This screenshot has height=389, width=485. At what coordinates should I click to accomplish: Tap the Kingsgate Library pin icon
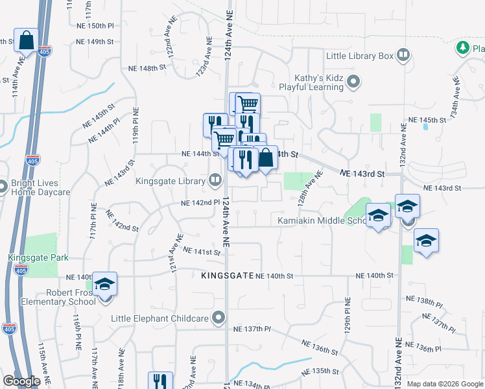[x=215, y=180]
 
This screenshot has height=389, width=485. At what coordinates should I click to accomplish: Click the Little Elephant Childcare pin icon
[x=219, y=318]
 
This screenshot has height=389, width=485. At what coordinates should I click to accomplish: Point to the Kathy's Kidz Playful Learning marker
[x=353, y=82]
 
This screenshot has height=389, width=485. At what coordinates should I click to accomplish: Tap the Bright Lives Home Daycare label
[x=40, y=188]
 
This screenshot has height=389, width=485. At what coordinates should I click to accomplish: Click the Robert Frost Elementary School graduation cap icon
[x=104, y=285]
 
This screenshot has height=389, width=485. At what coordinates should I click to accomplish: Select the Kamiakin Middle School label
[x=322, y=221]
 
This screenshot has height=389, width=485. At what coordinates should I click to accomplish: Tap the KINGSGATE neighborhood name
[x=227, y=276]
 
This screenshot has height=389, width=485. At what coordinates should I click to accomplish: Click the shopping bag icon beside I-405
[x=27, y=40]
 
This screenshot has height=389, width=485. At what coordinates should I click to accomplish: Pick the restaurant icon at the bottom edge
[x=161, y=381]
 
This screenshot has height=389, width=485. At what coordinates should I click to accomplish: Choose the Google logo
[x=21, y=381]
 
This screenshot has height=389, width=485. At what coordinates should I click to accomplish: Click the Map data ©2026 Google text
[x=444, y=384]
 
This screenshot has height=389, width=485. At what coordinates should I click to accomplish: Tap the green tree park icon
[x=462, y=47]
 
